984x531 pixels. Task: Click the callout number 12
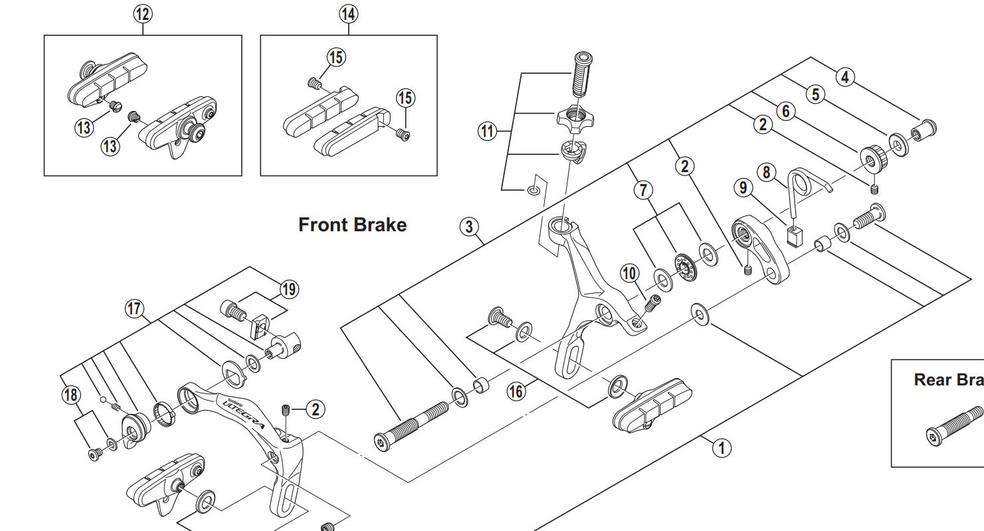(x=142, y=13)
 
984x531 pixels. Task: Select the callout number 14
(x=348, y=13)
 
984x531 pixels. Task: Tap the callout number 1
(x=722, y=447)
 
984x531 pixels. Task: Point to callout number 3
(x=470, y=227)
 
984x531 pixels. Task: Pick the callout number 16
(x=516, y=391)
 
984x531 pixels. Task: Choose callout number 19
(x=289, y=290)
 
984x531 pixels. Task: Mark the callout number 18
(x=70, y=395)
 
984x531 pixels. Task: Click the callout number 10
(x=629, y=272)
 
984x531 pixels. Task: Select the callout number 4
(x=844, y=77)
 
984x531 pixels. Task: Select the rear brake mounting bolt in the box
(x=954, y=424)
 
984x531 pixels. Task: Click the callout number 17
(x=135, y=308)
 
